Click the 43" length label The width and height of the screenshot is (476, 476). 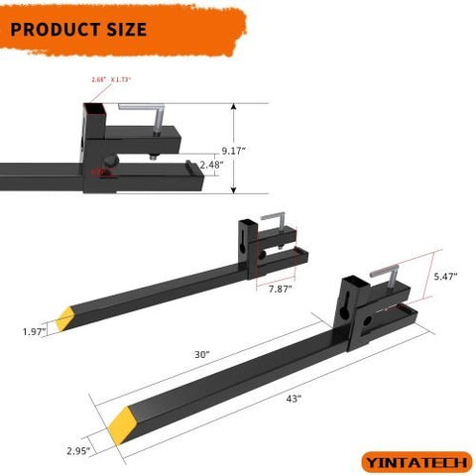click(x=293, y=400)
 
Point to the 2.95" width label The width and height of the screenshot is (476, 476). click(x=78, y=450)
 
